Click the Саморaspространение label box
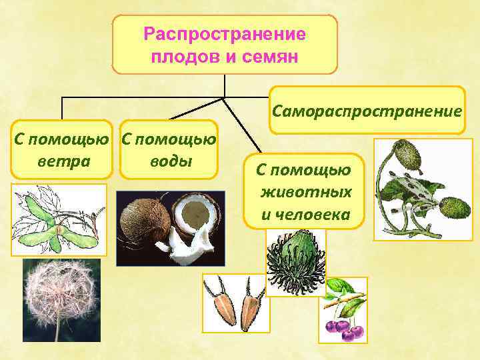367,111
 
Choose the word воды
168,162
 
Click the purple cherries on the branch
340,326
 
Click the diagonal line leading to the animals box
244,127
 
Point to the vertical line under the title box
225,85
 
